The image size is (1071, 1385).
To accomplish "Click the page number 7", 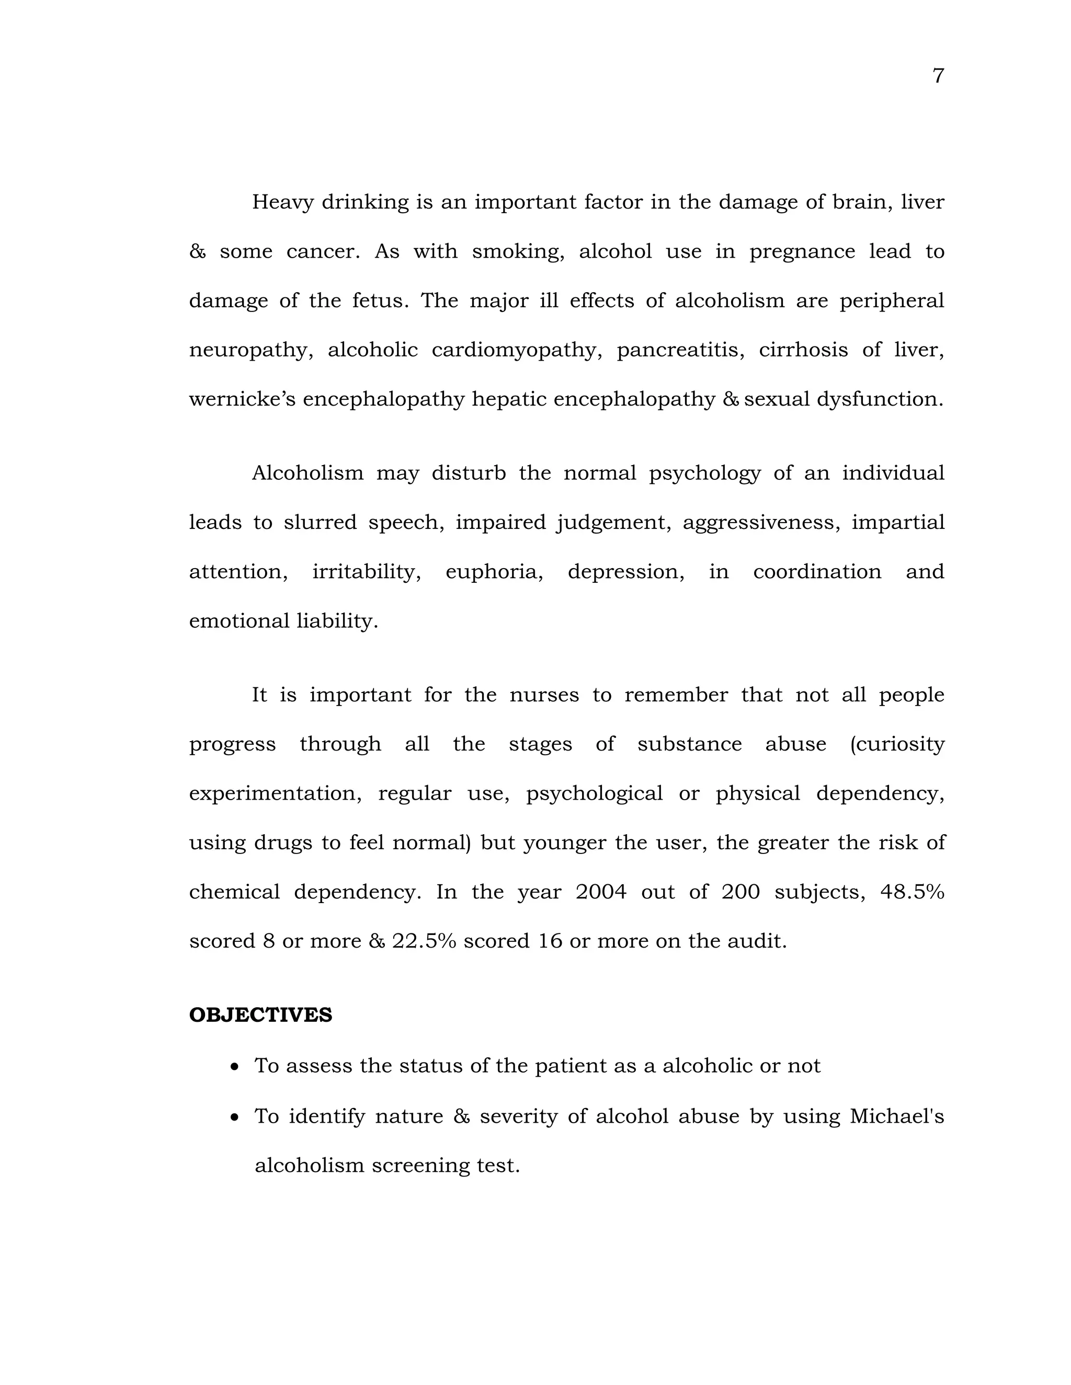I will [x=938, y=76].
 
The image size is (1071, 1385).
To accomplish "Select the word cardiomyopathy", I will [x=517, y=350].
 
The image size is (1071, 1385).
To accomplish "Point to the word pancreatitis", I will [x=680, y=350].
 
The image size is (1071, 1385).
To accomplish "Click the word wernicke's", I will [x=242, y=399].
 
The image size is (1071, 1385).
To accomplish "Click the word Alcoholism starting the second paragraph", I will [x=307, y=473].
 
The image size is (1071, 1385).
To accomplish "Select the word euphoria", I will [x=494, y=572].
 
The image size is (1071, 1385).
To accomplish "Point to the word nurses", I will [x=544, y=695].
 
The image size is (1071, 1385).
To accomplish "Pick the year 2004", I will [x=600, y=892].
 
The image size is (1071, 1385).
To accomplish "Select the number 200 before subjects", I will [x=740, y=892].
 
